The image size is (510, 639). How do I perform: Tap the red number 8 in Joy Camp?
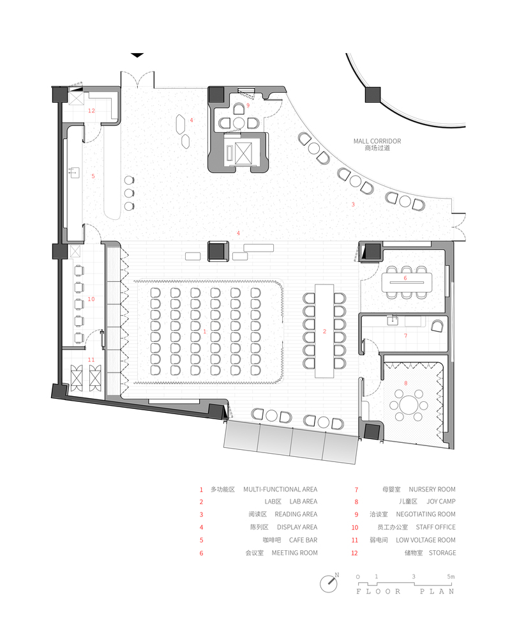(406, 383)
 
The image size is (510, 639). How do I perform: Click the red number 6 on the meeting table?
(405, 278)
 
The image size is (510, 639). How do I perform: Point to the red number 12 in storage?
(91, 111)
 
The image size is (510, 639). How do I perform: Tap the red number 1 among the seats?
(205, 332)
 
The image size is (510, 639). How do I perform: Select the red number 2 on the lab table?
(324, 331)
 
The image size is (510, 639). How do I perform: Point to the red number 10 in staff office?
(91, 298)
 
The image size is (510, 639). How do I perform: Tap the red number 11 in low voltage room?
(91, 360)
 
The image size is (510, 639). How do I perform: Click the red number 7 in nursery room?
(405, 335)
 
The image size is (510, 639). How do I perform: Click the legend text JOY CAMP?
(441, 502)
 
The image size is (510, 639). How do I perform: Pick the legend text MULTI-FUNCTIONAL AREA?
(280, 489)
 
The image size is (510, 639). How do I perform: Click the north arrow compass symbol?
(329, 582)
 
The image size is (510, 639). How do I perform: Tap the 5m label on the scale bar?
(451, 576)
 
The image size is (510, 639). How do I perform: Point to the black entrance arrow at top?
(137, 56)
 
